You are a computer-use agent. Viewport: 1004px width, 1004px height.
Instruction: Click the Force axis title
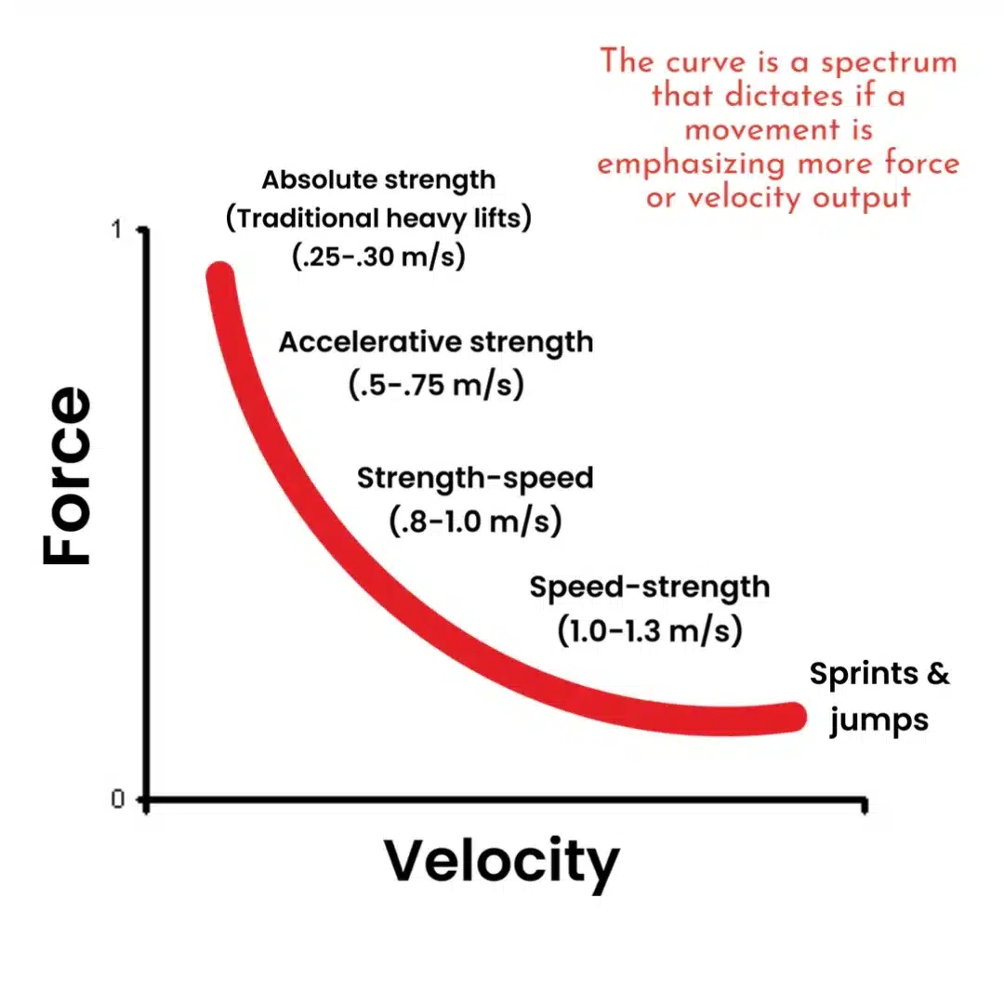coord(68,476)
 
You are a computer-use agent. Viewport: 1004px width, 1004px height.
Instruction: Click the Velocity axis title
coord(501,861)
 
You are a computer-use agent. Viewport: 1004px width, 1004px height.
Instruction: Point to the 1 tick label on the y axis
coord(118,230)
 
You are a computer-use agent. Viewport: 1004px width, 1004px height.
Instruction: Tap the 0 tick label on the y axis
coord(118,799)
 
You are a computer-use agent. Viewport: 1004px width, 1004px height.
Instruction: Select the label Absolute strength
coord(378,179)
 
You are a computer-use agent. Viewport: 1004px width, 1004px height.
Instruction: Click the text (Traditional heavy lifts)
coord(378,218)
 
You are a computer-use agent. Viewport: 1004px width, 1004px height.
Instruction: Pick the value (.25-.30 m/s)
coord(378,258)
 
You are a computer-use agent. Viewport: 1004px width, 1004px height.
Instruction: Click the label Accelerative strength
coord(436,342)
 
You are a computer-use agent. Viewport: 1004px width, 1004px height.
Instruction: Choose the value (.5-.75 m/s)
coord(436,383)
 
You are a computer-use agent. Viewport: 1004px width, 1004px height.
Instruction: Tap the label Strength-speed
coord(475,479)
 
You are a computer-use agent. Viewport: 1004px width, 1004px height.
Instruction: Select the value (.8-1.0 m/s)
coord(475,520)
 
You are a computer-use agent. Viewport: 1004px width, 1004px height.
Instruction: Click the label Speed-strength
coord(650,588)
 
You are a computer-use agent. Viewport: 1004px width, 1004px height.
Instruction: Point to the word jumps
coord(878,720)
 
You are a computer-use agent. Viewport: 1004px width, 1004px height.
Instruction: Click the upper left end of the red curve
coord(220,276)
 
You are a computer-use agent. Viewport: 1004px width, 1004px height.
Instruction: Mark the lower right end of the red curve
coord(792,717)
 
